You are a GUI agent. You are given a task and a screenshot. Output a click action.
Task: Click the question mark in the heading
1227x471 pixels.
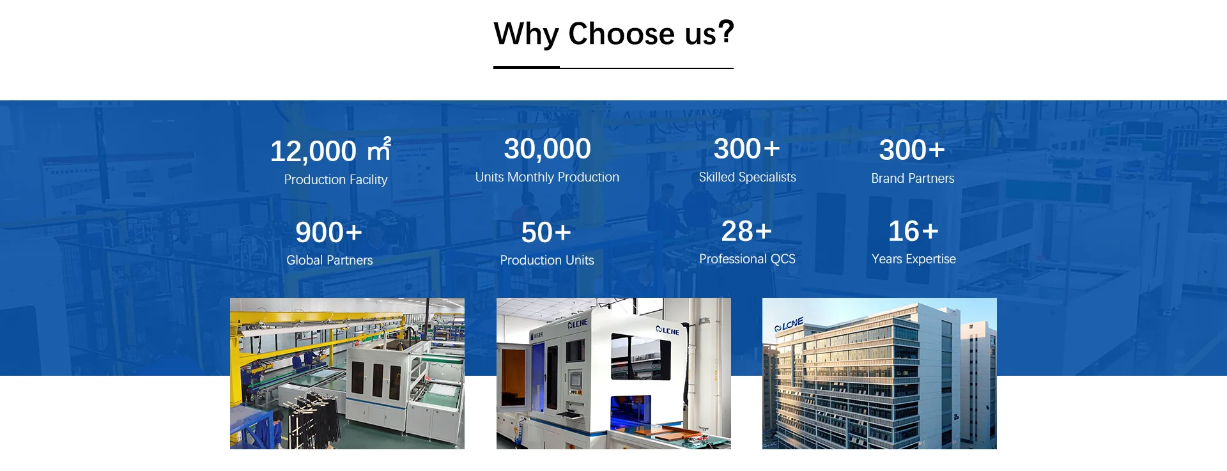pos(726,31)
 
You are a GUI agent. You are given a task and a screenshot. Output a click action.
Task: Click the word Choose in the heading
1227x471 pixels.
pos(621,33)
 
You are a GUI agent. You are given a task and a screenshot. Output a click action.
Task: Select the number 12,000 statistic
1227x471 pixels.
pos(313,151)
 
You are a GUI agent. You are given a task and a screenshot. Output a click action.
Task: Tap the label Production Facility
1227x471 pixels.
pos(336,180)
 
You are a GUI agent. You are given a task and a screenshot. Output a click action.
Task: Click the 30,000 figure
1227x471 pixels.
pos(548,149)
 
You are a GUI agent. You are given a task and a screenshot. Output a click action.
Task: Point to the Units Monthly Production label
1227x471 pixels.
pos(547,177)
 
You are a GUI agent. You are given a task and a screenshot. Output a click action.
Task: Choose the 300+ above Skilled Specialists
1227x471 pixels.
pos(747,149)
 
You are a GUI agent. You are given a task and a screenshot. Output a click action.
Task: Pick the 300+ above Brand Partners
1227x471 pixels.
pos(912,150)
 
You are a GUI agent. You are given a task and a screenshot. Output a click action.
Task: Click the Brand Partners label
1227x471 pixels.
pos(913,178)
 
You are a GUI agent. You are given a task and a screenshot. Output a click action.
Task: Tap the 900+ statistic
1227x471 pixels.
pos(329,232)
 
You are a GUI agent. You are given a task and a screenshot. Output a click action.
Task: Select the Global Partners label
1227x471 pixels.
pos(329,260)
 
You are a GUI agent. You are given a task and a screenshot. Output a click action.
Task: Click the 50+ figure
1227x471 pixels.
pos(546,232)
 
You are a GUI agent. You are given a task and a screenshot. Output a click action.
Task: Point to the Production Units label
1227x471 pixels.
pos(547,260)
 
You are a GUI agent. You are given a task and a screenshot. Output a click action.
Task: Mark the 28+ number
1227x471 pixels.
pos(747,231)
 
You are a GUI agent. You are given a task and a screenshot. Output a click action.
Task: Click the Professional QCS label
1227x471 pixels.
pos(747,259)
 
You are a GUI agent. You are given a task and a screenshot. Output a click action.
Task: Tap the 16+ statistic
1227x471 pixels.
pos(913,231)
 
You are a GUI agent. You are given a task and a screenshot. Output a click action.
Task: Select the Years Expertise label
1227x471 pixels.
pos(914,259)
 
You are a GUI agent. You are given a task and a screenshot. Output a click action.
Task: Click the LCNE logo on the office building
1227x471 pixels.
pos(789,325)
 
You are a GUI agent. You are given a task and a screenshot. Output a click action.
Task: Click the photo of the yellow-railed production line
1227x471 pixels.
pos(347,373)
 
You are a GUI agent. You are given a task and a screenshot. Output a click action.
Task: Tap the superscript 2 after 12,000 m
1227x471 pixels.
pos(387,141)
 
